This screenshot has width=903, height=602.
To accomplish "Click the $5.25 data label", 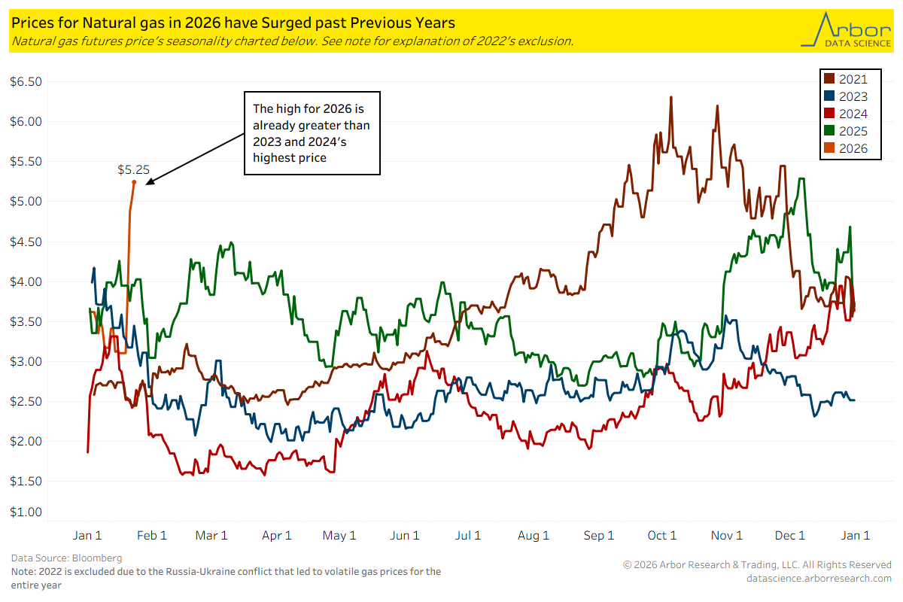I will click(133, 170).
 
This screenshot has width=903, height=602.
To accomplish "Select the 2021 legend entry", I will click(846, 79).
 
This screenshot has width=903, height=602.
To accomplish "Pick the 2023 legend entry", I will click(846, 96).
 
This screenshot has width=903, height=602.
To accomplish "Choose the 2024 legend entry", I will click(846, 114).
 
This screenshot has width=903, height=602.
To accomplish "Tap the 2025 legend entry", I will click(846, 131).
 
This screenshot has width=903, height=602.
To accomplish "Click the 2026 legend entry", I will click(846, 148).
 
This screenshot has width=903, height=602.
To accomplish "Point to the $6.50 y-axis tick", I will click(26, 81).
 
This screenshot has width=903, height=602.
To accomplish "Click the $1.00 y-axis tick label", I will click(26, 512).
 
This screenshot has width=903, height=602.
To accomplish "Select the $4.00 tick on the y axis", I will click(26, 281).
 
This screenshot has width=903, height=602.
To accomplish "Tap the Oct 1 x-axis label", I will click(662, 536).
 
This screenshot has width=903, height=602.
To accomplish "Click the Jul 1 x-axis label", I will click(468, 536).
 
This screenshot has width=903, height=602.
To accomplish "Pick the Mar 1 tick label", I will click(211, 536).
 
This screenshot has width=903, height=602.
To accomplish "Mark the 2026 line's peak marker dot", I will click(134, 182).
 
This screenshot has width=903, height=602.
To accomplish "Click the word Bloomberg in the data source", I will click(97, 558).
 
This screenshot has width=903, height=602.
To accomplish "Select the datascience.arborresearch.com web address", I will click(818, 578).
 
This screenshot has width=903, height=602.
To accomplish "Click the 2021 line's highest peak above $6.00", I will click(670, 97).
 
